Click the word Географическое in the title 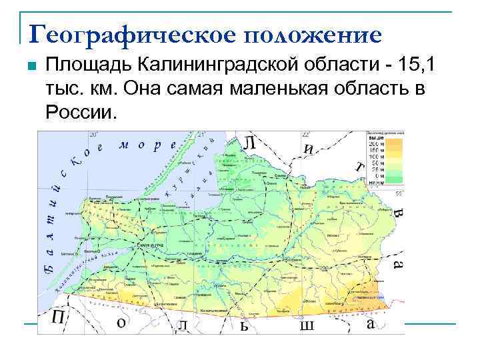pyautogui.click(x=127, y=33)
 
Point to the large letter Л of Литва pyautogui.click(x=249, y=142)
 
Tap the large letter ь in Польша pyautogui.click(x=245, y=325)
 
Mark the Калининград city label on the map pyautogui.click(x=150, y=245)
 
